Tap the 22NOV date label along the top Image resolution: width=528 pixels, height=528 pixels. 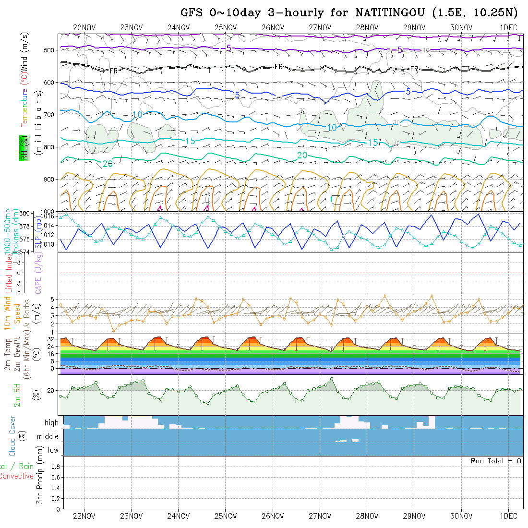84,27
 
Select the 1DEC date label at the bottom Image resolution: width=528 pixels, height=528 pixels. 508,516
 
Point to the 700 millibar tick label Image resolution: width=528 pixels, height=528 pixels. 49,115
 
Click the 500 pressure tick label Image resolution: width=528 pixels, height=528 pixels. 49,50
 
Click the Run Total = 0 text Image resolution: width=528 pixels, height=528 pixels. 496,461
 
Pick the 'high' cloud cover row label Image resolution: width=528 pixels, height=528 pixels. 51,423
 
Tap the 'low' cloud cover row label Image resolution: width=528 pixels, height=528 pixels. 53,450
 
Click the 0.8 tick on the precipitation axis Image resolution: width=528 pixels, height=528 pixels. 54,467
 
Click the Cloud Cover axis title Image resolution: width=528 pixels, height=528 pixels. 12,436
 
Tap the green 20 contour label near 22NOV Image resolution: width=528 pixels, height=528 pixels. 108,164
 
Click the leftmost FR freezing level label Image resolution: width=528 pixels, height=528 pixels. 114,71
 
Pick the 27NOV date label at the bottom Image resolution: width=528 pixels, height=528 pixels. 320,516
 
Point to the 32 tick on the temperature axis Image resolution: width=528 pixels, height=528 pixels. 51,339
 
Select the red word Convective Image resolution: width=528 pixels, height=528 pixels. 16,476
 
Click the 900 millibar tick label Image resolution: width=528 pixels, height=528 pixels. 49,179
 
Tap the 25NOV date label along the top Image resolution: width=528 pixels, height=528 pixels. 225,27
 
